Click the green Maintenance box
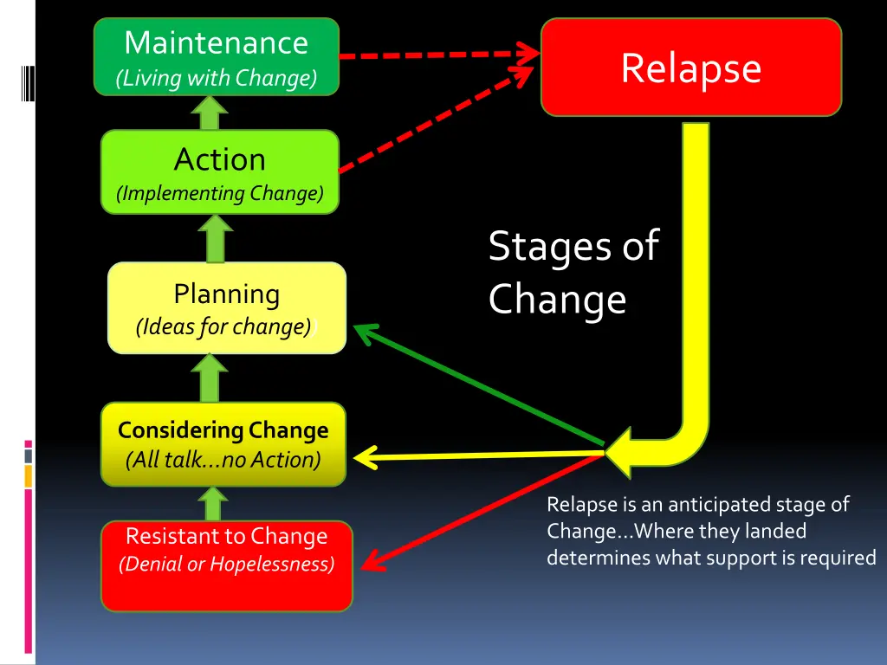[217, 56]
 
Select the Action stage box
[220, 172]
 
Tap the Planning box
[227, 307]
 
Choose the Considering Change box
[223, 444]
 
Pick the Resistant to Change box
[227, 565]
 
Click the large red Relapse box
[691, 67]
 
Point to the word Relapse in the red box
[691, 68]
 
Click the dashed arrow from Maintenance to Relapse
[439, 55]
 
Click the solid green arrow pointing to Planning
[478, 384]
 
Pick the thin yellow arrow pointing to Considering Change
[478, 455]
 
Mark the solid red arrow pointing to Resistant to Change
[482, 511]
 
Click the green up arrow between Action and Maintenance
[210, 113]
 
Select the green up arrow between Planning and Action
[216, 238]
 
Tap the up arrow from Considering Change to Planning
[210, 378]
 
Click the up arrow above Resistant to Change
[213, 503]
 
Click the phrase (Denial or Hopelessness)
[226, 564]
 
